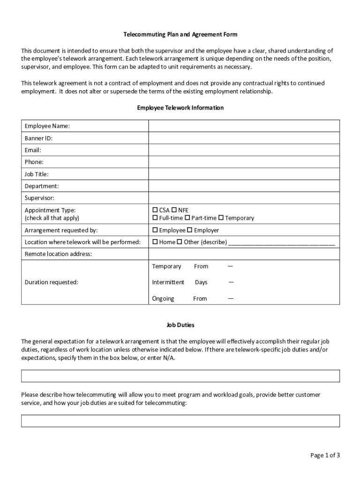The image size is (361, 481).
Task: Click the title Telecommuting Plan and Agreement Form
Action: tap(180, 34)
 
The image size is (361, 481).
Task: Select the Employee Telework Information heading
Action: tap(180, 108)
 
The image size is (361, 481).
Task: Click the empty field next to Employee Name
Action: tap(244, 126)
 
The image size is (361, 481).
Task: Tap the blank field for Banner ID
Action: tap(244, 138)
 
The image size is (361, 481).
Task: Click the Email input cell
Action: tap(244, 150)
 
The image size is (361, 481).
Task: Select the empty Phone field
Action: tap(244, 162)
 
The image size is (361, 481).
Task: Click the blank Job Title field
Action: tap(244, 174)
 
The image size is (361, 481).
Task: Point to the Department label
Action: tap(42, 186)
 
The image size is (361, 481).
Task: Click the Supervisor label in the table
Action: tap(39, 198)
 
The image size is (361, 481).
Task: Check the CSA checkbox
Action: tap(155, 210)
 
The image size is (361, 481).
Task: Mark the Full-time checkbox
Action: tap(155, 218)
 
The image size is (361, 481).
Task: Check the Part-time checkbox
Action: tap(187, 218)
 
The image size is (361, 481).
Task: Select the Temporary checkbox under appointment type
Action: tap(221, 218)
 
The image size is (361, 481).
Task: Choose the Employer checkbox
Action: tap(190, 230)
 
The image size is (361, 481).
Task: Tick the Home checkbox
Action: tap(155, 242)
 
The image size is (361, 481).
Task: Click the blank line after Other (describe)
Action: tap(281, 243)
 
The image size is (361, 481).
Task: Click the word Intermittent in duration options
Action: tap(168, 282)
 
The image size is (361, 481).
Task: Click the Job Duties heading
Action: tap(180, 325)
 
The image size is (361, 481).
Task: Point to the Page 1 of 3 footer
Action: tap(325, 455)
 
